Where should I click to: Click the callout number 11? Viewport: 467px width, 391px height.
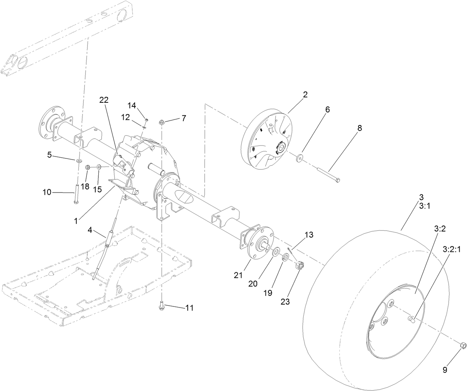189,308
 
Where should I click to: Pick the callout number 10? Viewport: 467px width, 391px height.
47,192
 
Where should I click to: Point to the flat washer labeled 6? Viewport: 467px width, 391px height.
299,159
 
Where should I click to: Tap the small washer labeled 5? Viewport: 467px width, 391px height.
79,161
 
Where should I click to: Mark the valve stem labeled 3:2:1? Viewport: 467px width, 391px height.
411,318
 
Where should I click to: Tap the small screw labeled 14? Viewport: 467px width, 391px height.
146,120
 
